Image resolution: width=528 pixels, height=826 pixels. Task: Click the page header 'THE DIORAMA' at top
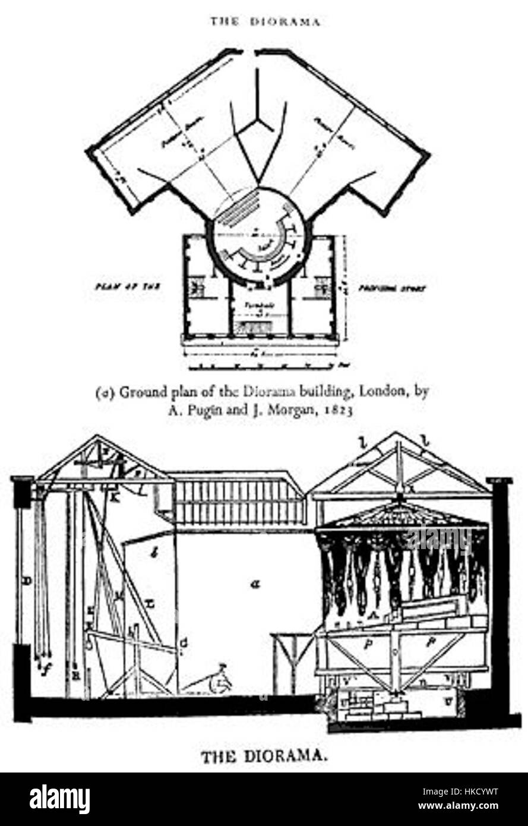[x=264, y=22]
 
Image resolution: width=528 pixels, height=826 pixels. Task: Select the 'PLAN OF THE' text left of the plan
[x=124, y=286]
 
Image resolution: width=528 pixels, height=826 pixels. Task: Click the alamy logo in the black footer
[x=59, y=799]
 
